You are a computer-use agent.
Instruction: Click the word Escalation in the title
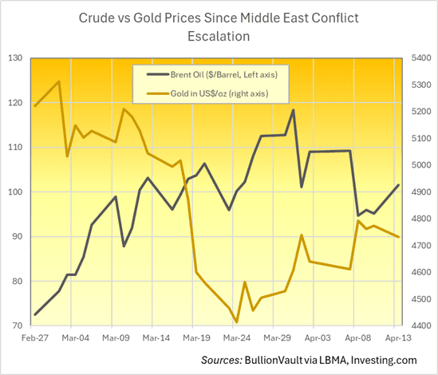[x=219, y=37]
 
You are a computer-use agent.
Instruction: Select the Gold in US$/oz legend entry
[x=215, y=94]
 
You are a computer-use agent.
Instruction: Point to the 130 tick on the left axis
[x=15, y=58]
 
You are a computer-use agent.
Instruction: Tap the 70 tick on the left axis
[x=18, y=326]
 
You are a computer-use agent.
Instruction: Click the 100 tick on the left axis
[x=15, y=192]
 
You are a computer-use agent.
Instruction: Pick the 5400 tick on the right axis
[x=420, y=58]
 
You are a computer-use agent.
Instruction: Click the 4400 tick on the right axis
[x=420, y=326]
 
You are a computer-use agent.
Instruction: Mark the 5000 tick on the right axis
[x=420, y=165]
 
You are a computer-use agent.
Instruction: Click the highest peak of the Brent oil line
[x=294, y=110]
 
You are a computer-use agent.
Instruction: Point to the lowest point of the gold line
[x=237, y=322]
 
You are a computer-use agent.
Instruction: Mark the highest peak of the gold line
[x=59, y=81]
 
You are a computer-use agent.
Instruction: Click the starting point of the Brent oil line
[x=35, y=314]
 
